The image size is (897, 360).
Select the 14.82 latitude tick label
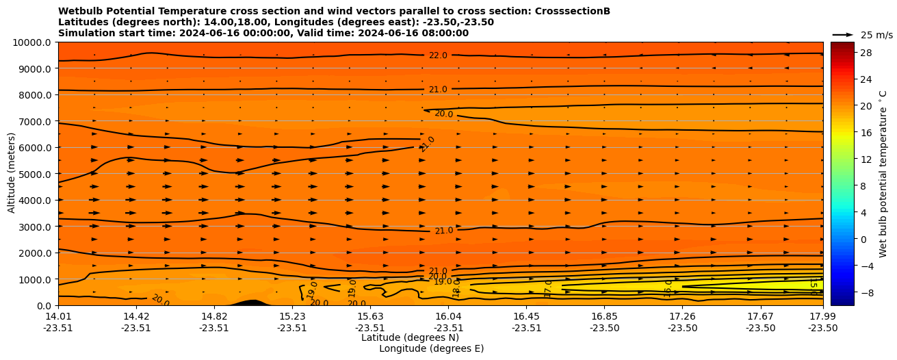point(214,316)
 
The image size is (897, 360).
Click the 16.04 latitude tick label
point(448,316)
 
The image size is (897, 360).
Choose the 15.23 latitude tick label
point(292,316)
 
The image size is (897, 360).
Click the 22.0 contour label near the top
point(438,55)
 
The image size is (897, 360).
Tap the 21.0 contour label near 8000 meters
point(438,90)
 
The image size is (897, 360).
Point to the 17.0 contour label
point(549,288)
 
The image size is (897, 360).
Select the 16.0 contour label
point(668,287)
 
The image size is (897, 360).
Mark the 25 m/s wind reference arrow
point(842,34)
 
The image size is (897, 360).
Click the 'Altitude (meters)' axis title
point(12,174)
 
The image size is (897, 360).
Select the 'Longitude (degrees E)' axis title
point(431,348)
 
